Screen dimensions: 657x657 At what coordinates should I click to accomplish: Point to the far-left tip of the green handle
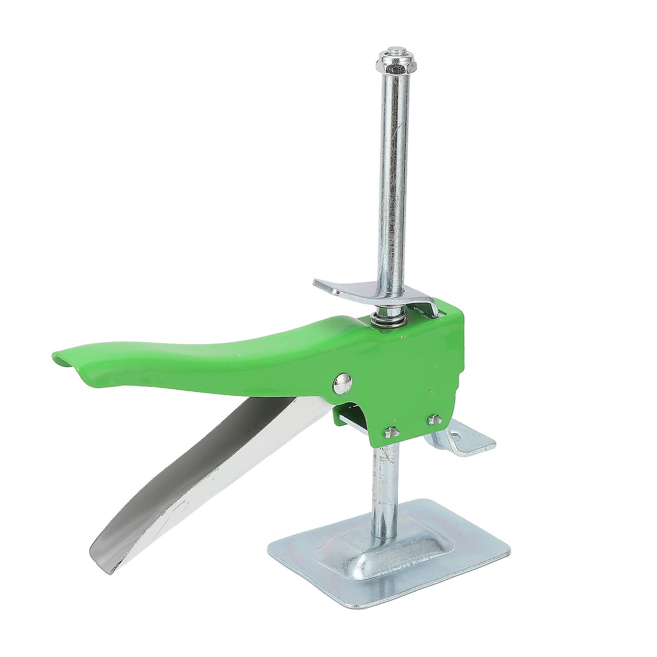pos(55,354)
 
